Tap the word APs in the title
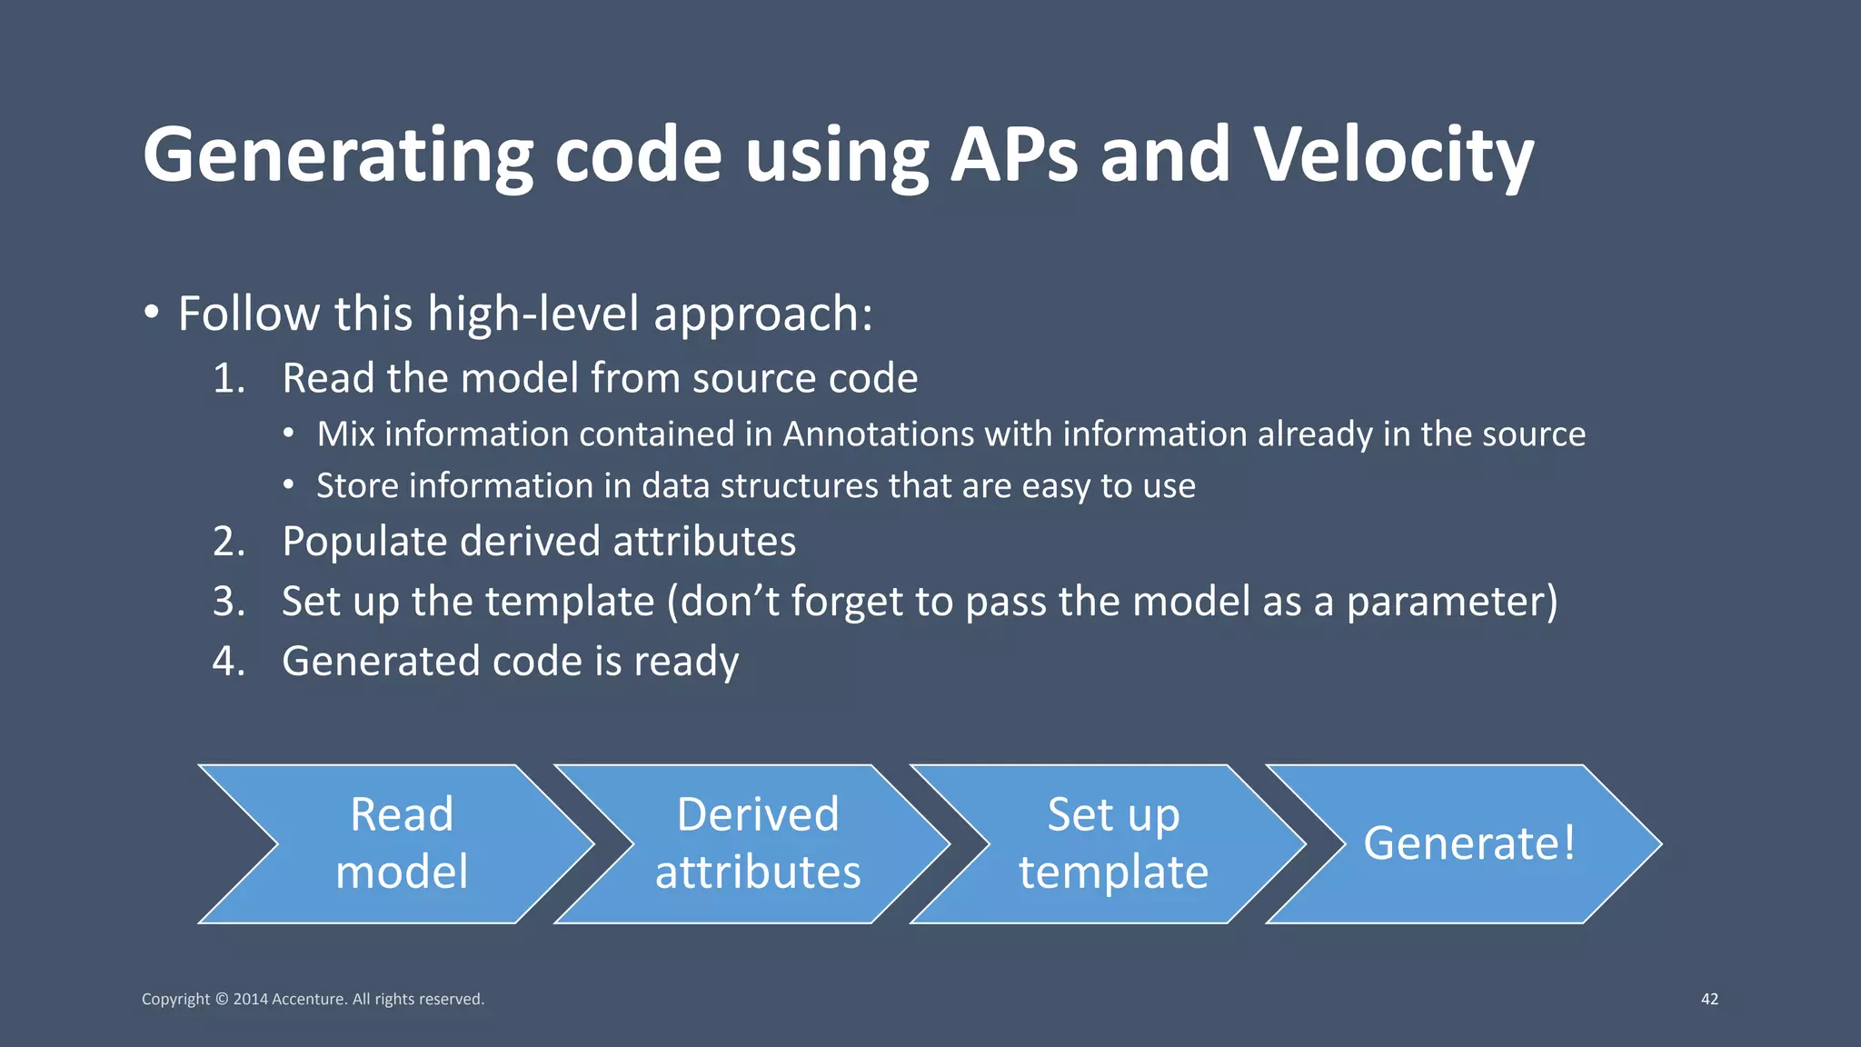(1013, 155)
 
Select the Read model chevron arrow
(401, 843)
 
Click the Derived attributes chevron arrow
(757, 843)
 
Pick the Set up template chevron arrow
(1113, 843)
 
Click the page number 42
(1709, 999)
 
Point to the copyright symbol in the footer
(221, 999)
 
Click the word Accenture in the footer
(309, 999)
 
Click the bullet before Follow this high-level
(152, 314)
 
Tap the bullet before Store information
(288, 486)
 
